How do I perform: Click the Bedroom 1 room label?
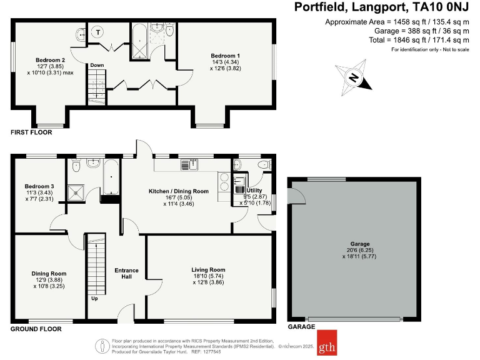225,56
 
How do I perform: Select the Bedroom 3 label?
39,186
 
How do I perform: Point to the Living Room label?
208,270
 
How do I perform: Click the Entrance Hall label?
126,274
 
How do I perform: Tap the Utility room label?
254,190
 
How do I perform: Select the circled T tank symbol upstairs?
99,32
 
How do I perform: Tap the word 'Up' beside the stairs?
94,298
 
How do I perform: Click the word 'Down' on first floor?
96,65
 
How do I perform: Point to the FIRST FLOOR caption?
31,132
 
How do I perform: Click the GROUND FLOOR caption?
36,328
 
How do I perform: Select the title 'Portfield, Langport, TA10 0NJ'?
381,8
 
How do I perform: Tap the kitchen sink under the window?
189,164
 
